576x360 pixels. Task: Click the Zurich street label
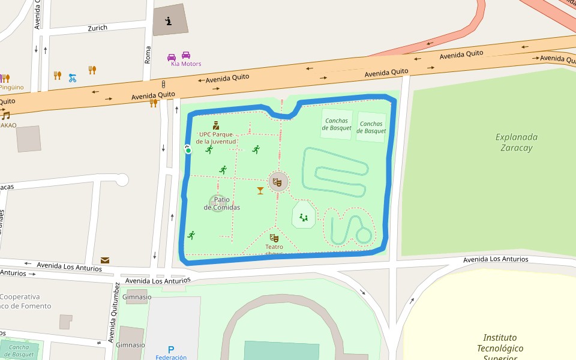[97, 28]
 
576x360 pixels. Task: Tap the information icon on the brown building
[169, 22]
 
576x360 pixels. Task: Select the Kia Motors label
[186, 64]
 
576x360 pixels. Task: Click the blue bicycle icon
[73, 77]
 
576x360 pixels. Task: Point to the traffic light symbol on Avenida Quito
[163, 84]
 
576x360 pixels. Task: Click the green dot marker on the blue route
[188, 150]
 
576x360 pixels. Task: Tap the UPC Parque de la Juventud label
[217, 137]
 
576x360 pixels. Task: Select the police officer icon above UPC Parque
[215, 125]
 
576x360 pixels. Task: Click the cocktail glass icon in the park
[260, 191]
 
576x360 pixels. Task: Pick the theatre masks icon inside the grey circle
[278, 181]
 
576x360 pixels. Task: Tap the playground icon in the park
[304, 217]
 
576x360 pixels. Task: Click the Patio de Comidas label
[221, 203]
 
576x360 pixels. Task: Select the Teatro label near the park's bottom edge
[274, 247]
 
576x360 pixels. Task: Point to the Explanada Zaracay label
[516, 142]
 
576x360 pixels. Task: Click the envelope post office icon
[105, 260]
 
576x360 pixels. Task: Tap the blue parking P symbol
[171, 349]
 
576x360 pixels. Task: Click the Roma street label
[148, 55]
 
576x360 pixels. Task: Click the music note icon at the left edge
[6, 115]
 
